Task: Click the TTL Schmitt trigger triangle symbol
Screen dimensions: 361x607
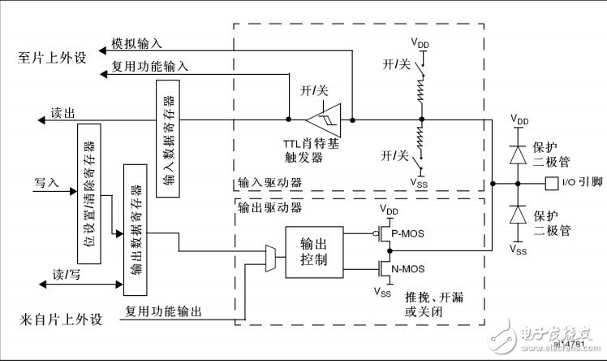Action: click(x=328, y=118)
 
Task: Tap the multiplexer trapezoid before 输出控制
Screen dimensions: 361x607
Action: click(x=270, y=257)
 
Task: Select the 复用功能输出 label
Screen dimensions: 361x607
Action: click(x=163, y=311)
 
